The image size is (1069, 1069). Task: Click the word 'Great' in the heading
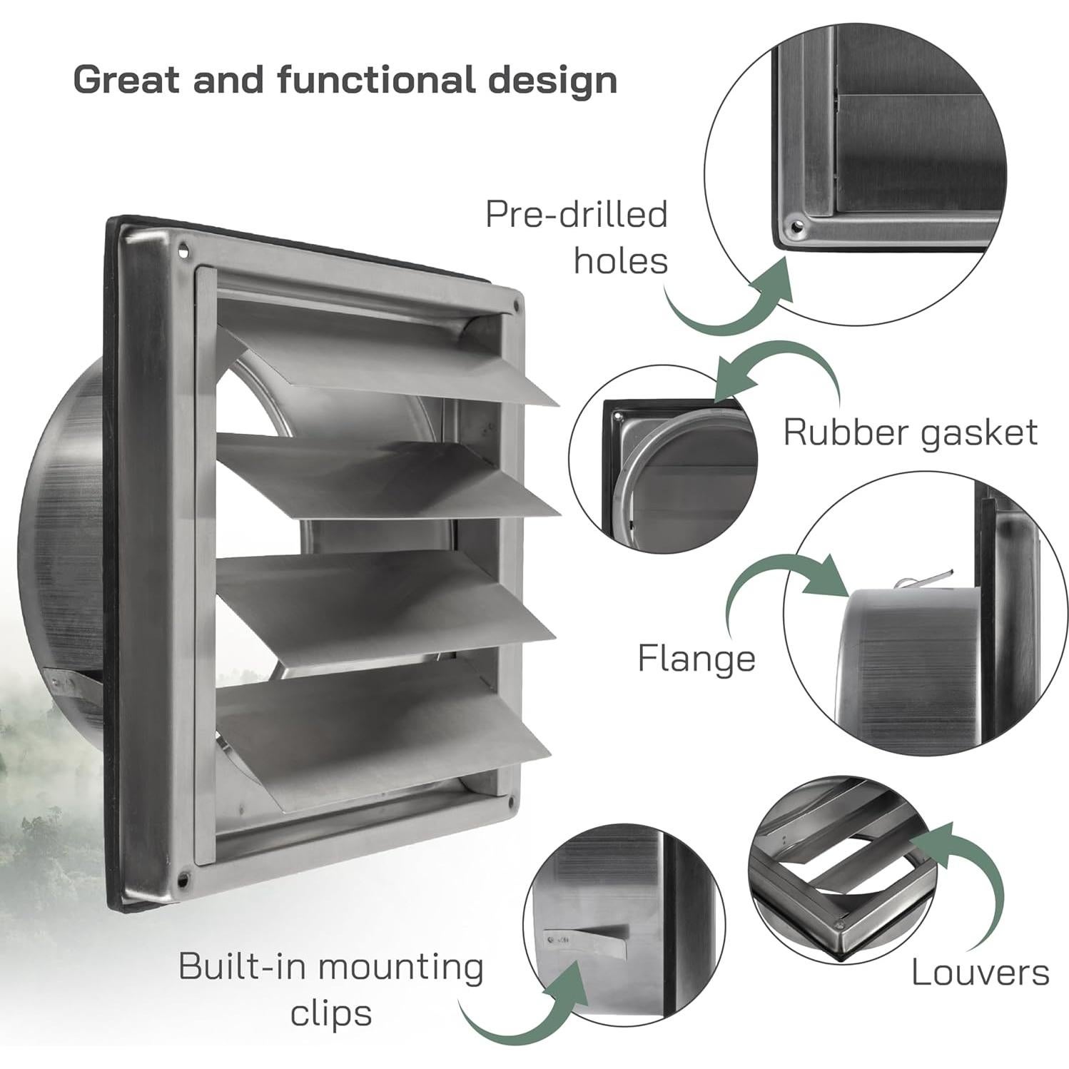pyautogui.click(x=126, y=79)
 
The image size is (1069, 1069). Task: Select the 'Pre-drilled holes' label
pyautogui.click(x=577, y=237)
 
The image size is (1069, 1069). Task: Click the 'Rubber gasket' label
pyautogui.click(x=910, y=432)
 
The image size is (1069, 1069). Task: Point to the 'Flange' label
pyautogui.click(x=696, y=658)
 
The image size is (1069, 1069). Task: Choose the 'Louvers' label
pyautogui.click(x=980, y=972)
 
